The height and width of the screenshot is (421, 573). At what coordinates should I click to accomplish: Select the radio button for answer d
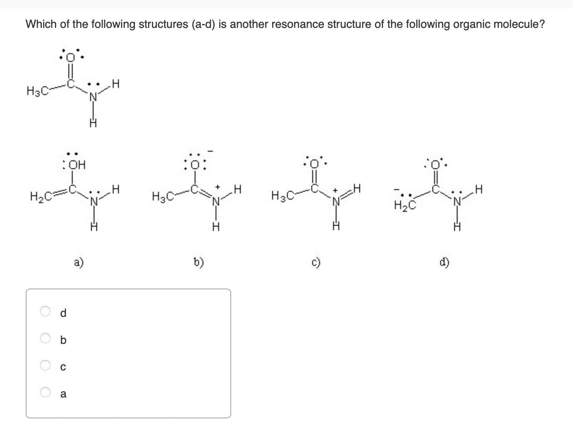point(45,311)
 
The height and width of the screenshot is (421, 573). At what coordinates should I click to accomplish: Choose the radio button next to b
point(45,338)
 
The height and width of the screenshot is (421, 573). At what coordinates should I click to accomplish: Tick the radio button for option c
point(45,365)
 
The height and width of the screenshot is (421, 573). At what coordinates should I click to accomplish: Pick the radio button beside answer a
point(45,392)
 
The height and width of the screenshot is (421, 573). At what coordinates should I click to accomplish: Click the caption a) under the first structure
point(79,262)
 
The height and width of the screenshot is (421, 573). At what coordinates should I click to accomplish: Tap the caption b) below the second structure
point(199,262)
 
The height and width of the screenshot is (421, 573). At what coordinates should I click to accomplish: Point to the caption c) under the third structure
point(316,262)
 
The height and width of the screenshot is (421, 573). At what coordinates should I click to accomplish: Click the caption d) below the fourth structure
point(445,262)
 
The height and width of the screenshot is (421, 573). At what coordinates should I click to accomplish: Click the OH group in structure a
point(77,165)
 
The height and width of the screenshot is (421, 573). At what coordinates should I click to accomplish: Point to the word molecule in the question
point(518,24)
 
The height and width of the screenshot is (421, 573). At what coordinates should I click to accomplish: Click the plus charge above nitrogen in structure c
point(336,190)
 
